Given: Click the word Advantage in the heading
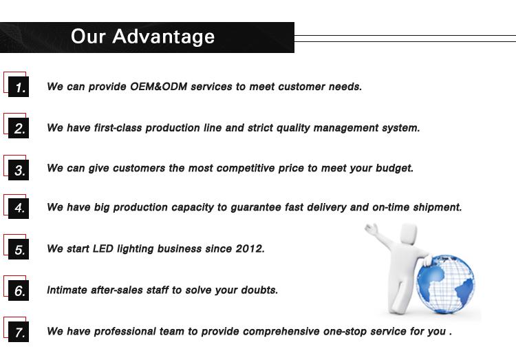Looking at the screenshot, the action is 163,37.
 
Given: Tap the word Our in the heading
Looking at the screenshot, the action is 88,36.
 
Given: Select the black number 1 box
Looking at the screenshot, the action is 19,87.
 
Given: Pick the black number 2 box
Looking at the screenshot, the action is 19,128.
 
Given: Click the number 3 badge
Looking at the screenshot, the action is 19,169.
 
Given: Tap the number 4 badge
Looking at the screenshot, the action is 19,208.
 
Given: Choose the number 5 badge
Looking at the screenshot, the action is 19,249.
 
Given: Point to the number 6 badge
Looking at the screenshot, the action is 19,290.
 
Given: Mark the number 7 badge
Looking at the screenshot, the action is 19,332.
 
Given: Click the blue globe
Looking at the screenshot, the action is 445,284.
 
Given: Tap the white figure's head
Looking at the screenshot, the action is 409,233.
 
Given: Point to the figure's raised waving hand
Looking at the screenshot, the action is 372,229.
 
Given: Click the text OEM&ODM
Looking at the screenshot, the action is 159,87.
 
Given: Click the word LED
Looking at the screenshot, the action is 103,248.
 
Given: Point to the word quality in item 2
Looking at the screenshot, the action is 293,128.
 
